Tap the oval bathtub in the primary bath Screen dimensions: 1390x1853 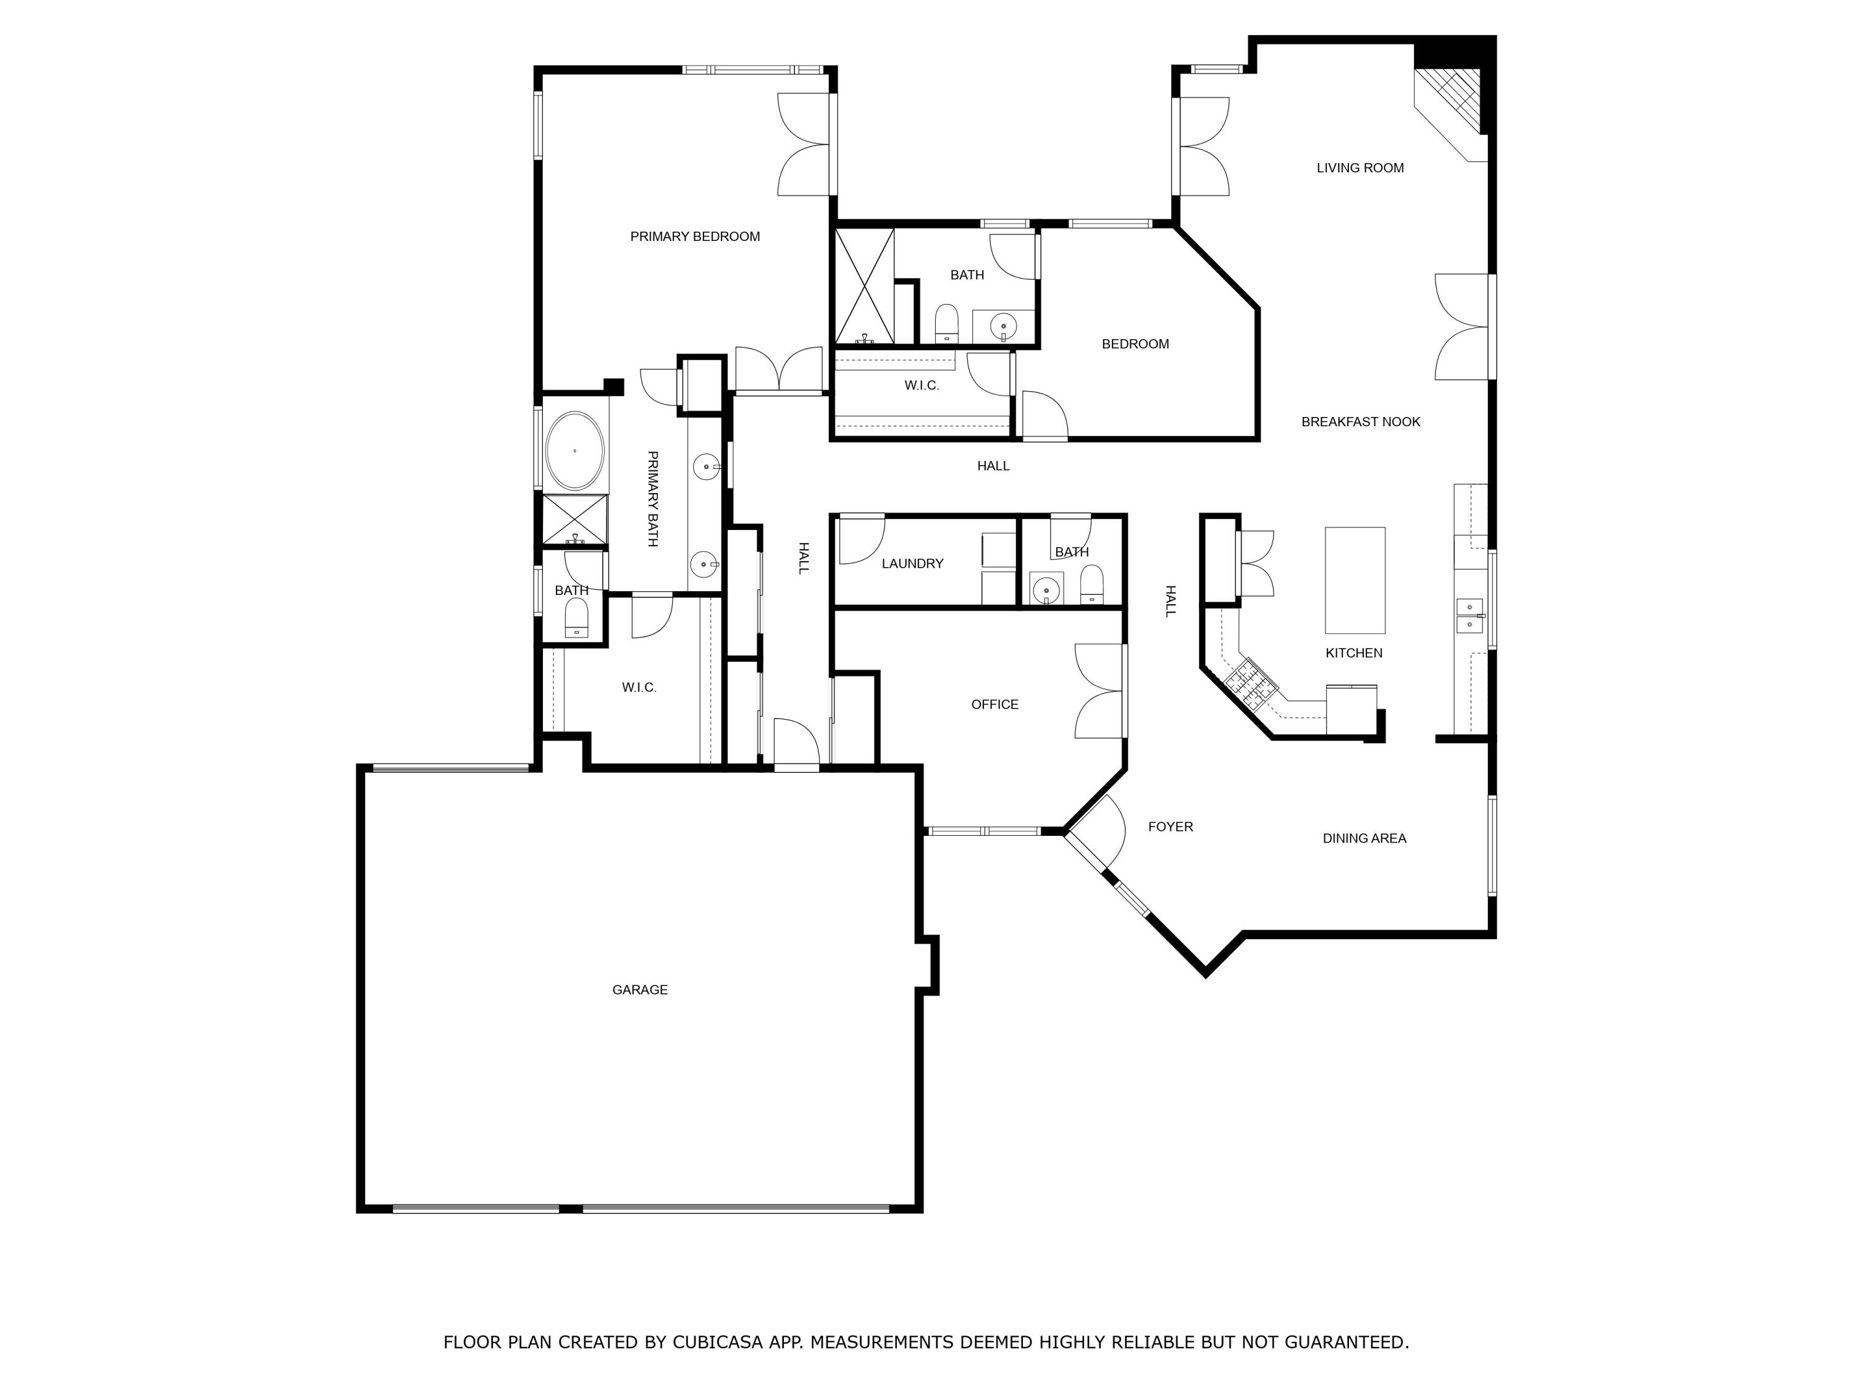(x=574, y=451)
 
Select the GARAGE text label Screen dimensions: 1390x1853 (x=639, y=990)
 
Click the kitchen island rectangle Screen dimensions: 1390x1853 (x=1355, y=580)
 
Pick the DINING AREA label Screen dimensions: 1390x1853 (x=1364, y=838)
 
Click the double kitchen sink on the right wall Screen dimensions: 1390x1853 (x=1469, y=615)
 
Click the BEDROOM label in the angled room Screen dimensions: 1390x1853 (x=1135, y=344)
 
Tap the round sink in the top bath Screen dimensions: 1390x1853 (x=1002, y=326)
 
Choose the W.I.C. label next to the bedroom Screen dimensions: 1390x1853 (x=922, y=385)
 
